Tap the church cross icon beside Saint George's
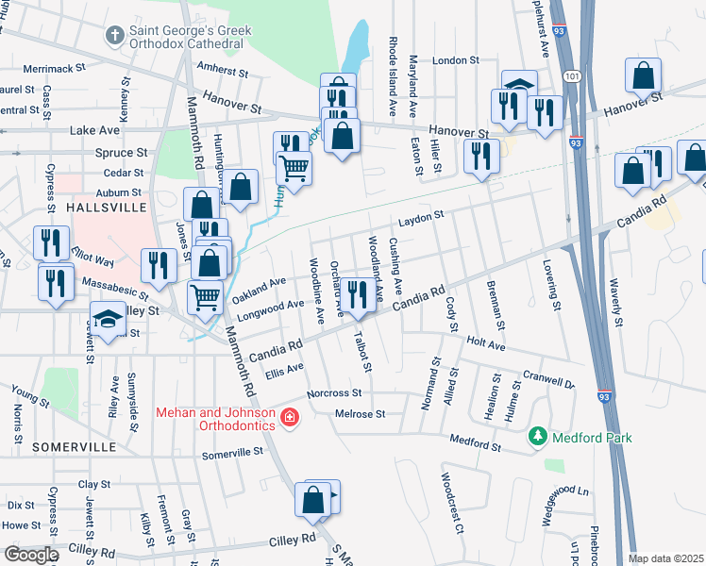click(x=115, y=36)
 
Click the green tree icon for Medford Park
click(x=538, y=437)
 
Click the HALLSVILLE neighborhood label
click(x=103, y=206)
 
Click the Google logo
click(x=31, y=555)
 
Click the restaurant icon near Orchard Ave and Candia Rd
click(x=357, y=294)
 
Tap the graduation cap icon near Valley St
click(x=108, y=318)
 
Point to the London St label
click(x=456, y=60)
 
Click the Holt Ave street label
click(x=487, y=346)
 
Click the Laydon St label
click(x=419, y=217)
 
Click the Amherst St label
click(x=222, y=72)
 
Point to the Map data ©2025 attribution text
click(x=666, y=558)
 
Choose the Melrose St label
click(x=361, y=413)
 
